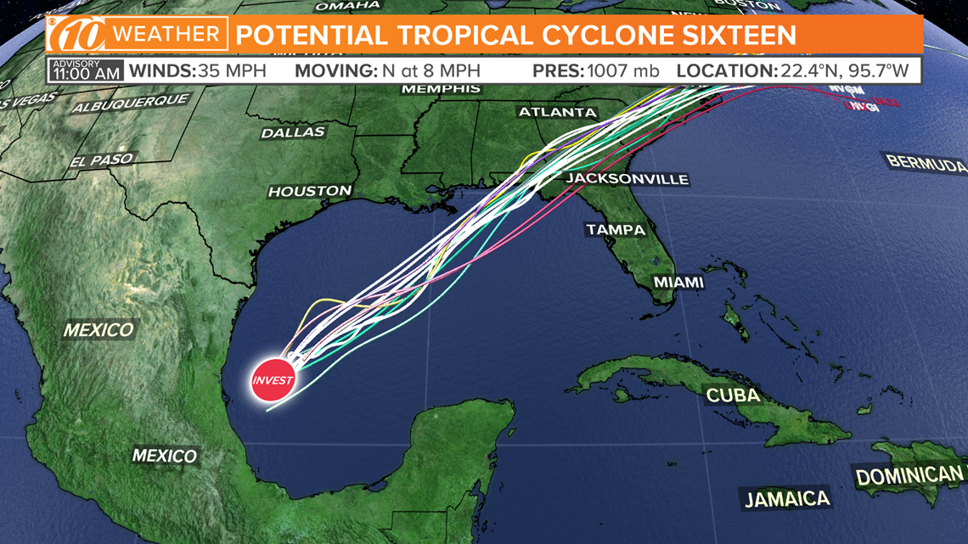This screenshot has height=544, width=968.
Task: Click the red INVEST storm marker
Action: tap(273, 379)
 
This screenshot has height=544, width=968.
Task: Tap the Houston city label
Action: tap(310, 191)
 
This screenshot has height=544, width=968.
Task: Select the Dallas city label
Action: tap(293, 132)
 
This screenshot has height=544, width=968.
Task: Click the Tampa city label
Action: tap(616, 229)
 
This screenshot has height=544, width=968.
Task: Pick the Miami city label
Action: tap(678, 282)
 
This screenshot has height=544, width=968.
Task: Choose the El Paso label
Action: tap(102, 160)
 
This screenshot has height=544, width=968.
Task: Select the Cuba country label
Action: tap(733, 395)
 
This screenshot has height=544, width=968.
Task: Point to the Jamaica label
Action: tap(786, 498)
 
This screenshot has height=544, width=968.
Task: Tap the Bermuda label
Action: tap(926, 161)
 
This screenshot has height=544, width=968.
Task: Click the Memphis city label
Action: tap(441, 88)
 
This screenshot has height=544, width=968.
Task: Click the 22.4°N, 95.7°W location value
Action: tap(848, 70)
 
